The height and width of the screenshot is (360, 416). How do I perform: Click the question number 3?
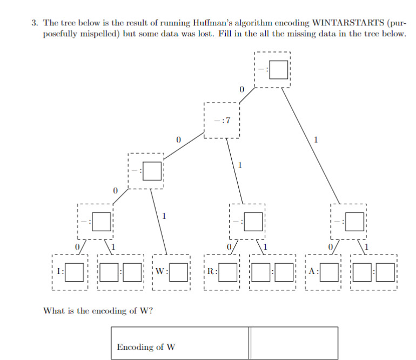[33, 23]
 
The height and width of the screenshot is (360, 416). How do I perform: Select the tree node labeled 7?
[222, 121]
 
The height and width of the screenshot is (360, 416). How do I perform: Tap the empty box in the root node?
[278, 69]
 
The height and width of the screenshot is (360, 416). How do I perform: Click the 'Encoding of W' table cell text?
[146, 346]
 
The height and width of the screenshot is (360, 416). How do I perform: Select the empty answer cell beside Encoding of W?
[294, 343]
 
